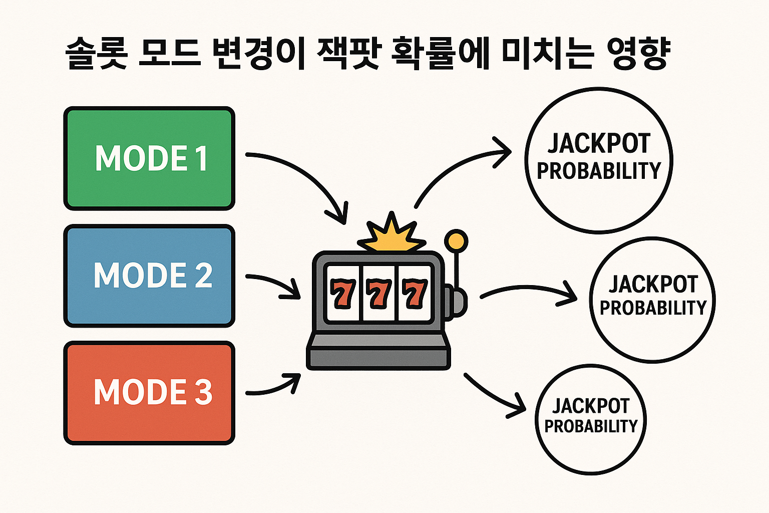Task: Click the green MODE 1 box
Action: click(149, 158)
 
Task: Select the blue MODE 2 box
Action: click(149, 276)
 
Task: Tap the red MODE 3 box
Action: click(149, 393)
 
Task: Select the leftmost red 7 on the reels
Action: click(343, 294)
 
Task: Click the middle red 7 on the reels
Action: click(378, 294)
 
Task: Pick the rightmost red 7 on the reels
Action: click(415, 294)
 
